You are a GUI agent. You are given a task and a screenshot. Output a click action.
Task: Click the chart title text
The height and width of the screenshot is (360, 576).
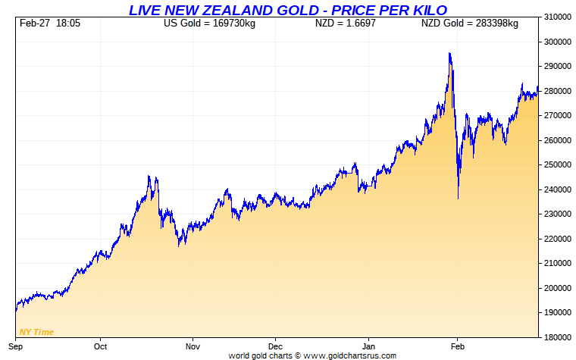pos(287,9)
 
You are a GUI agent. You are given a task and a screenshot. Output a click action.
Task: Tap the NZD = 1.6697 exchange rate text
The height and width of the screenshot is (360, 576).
pos(346,23)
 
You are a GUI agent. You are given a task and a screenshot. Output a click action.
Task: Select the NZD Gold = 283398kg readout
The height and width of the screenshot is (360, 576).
pos(469,23)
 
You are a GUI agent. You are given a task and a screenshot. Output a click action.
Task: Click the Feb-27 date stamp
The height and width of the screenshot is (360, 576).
pos(34,23)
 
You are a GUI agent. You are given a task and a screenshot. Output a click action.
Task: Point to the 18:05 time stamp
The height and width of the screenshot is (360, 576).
pos(68,23)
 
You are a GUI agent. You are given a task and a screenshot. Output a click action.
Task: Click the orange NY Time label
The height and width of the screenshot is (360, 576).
pos(36,332)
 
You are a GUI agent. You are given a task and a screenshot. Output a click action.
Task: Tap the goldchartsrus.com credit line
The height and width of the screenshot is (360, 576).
pos(312,355)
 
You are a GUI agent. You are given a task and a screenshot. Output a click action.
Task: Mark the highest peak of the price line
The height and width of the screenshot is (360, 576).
pos(449,53)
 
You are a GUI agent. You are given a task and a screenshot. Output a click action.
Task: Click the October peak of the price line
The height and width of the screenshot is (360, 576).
pos(149,177)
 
